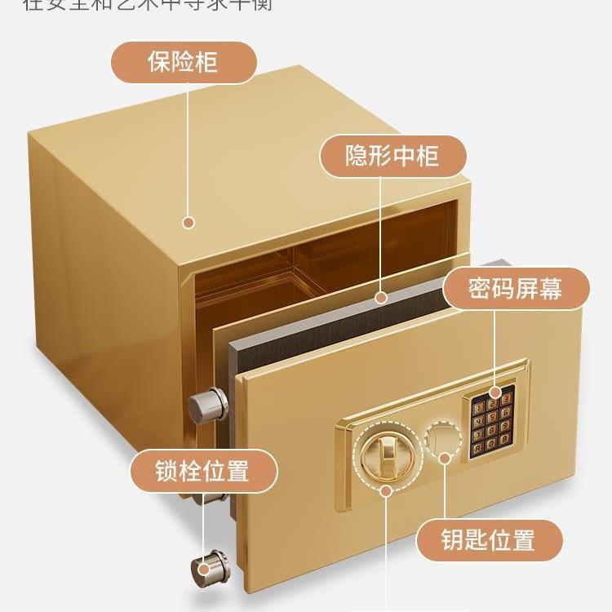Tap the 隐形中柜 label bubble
point(392,156)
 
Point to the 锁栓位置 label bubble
point(203,471)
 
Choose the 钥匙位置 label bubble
point(490,539)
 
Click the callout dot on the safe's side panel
point(188,221)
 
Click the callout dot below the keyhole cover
point(445,458)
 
